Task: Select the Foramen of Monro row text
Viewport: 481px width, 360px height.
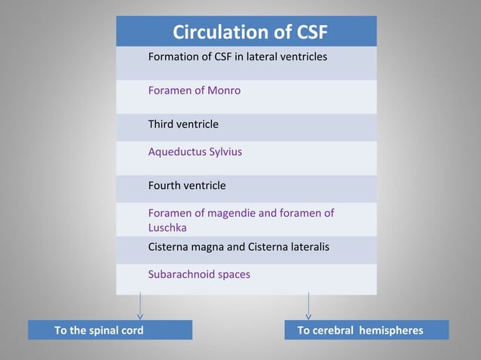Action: coord(195,90)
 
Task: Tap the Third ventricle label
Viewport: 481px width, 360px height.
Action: coord(183,124)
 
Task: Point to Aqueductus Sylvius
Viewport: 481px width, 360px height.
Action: coord(195,151)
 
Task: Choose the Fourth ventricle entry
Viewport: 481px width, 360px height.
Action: coord(187,185)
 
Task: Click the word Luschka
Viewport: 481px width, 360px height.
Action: coord(167,227)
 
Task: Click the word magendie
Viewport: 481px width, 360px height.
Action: coord(230,213)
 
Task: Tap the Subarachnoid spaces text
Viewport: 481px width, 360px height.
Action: coord(199,274)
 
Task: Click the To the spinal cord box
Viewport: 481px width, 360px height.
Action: coord(110,330)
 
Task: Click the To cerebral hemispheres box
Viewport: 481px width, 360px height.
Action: coord(366,330)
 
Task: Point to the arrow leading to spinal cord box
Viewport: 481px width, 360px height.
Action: coord(140,307)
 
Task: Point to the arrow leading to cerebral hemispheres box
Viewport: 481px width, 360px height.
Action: coord(308,307)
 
